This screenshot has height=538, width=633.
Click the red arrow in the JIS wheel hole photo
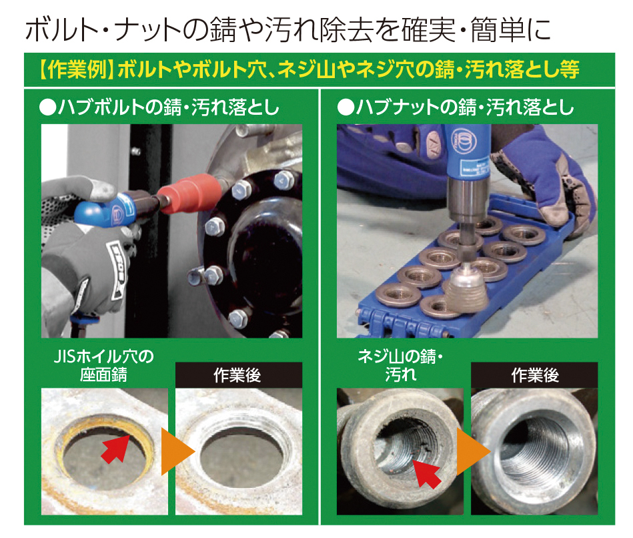point(115,448)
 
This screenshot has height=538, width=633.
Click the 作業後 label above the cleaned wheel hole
point(237,375)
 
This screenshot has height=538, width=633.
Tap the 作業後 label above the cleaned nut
point(535,375)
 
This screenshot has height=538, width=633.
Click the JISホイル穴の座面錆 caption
point(104,366)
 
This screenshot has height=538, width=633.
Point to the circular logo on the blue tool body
point(464,142)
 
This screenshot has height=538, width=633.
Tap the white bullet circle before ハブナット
point(346,108)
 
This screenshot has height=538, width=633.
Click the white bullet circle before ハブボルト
point(47,108)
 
